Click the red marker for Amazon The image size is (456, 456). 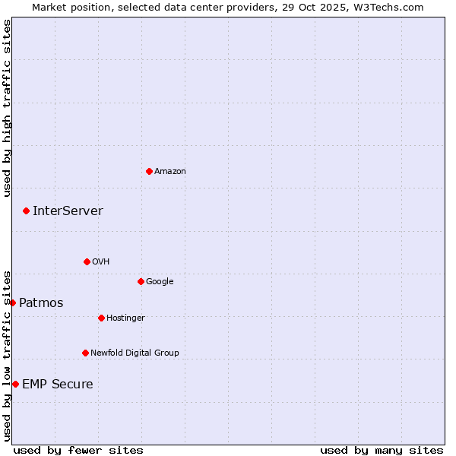149,171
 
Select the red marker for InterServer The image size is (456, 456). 26,211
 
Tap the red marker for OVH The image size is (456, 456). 87,261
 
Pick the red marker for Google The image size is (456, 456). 141,281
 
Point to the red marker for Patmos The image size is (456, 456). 12,302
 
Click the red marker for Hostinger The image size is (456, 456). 101,318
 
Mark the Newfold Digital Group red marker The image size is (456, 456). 85,353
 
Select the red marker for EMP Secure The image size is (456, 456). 15,384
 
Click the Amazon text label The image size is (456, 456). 170,172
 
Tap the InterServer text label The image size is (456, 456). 68,211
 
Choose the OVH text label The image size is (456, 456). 101,262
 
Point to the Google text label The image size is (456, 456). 160,282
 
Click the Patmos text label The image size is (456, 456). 41,303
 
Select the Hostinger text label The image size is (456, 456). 125,318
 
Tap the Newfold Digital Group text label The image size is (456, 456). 135,353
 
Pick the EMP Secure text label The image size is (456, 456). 58,385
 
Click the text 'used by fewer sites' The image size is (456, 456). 78,450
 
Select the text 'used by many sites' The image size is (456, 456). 382,450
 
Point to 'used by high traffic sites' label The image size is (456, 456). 7,108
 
